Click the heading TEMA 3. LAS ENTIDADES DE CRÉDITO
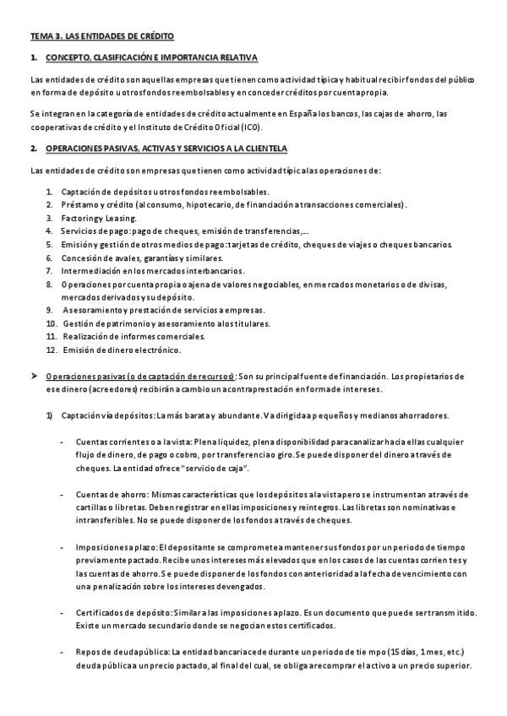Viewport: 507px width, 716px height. (x=102, y=37)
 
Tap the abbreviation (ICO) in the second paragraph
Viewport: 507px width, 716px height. (x=252, y=127)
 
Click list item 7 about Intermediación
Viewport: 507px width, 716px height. (x=152, y=271)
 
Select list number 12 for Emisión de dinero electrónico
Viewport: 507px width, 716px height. (x=52, y=350)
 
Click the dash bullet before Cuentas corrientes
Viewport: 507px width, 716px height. (x=63, y=441)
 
